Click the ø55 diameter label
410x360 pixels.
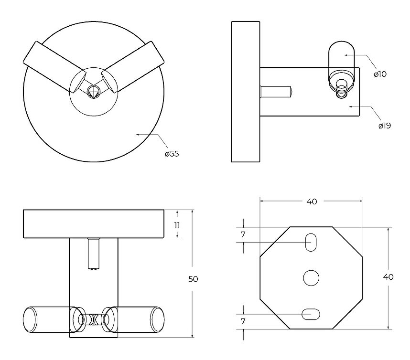click(172, 154)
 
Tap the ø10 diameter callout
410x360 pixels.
click(380, 74)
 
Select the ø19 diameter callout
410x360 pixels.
click(384, 126)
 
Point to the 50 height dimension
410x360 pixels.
click(193, 279)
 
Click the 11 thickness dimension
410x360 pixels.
click(177, 225)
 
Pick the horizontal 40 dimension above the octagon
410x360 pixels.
click(312, 201)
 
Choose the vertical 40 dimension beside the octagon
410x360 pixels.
click(388, 276)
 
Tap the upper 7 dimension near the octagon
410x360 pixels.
click(243, 234)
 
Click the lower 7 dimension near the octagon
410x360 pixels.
click(243, 321)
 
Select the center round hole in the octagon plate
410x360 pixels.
click(311, 278)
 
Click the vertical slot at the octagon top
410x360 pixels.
click(311, 243)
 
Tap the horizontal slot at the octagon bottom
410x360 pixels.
click(311, 314)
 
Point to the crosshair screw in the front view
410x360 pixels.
click(93, 92)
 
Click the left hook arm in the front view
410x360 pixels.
click(55, 67)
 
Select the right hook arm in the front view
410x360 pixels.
click(133, 67)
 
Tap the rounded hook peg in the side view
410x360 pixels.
click(342, 62)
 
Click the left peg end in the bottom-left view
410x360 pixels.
click(30, 319)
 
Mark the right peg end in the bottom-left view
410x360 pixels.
click(157, 319)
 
